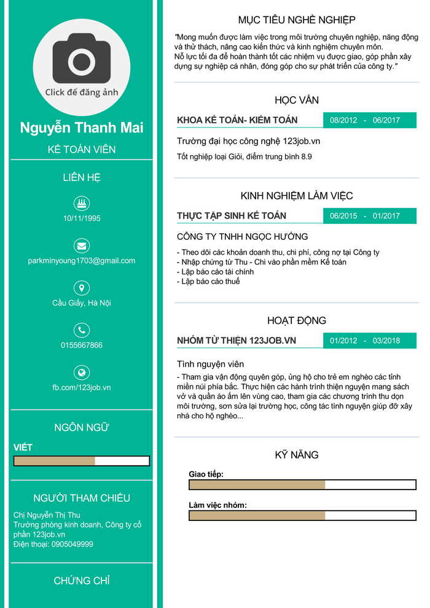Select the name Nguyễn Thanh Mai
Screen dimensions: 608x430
click(82, 128)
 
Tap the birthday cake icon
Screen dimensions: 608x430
click(81, 203)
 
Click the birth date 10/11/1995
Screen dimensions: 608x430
click(82, 218)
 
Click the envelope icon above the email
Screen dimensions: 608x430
click(81, 245)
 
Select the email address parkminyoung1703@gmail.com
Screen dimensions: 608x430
click(82, 261)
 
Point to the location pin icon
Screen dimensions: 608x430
click(81, 288)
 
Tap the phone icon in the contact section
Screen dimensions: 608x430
click(81, 330)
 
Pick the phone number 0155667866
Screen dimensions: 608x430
click(82, 345)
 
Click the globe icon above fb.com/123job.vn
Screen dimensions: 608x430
click(81, 372)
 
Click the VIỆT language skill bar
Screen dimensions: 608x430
click(82, 461)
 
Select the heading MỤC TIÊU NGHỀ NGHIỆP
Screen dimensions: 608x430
click(297, 20)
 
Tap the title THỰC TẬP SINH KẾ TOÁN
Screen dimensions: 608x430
click(232, 216)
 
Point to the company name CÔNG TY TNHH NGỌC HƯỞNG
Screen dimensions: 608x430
click(242, 236)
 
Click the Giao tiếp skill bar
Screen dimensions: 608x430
click(302, 485)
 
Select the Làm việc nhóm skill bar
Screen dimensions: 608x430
click(302, 515)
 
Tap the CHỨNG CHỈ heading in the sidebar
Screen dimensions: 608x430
click(82, 580)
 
